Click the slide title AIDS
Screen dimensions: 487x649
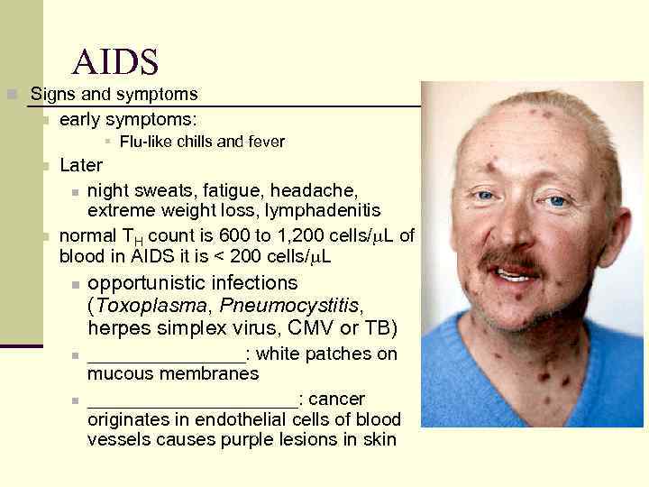click(x=115, y=62)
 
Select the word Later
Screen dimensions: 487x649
click(x=81, y=166)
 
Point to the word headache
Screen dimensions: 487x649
click(x=317, y=188)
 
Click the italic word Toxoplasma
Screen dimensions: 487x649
click(x=150, y=306)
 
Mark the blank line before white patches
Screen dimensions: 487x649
click(x=166, y=354)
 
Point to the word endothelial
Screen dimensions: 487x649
click(x=240, y=419)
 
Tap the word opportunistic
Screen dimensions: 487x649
click(x=146, y=283)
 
